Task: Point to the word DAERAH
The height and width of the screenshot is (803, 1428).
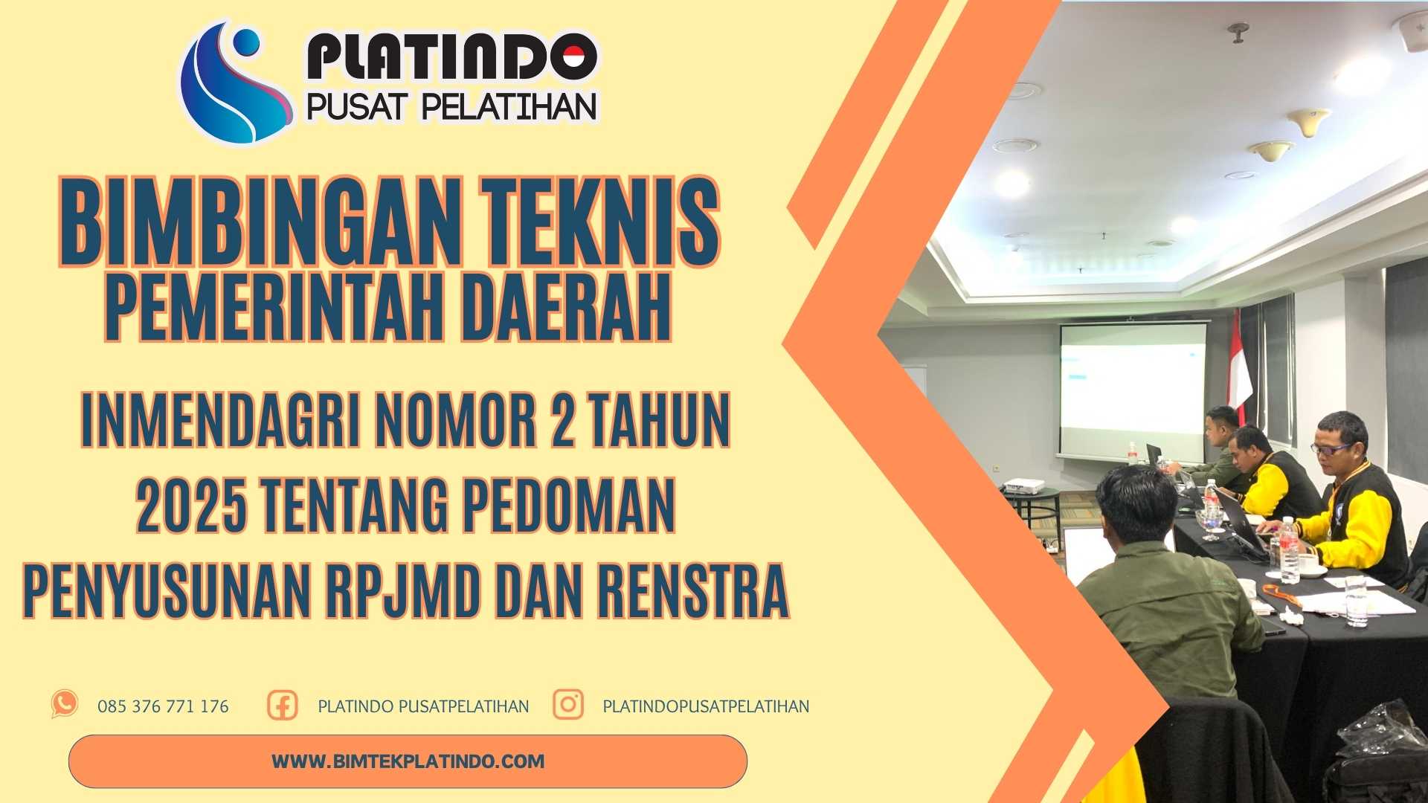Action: (x=565, y=307)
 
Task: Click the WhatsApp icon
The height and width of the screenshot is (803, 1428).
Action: (x=65, y=703)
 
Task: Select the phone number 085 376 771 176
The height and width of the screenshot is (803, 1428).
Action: (x=163, y=706)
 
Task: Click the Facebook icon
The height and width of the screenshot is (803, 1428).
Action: (x=283, y=705)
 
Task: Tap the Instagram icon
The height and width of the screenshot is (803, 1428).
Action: (x=568, y=704)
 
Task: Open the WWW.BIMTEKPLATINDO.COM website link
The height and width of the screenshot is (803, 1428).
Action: (x=408, y=761)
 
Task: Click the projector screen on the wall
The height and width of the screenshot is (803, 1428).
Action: (x=1133, y=390)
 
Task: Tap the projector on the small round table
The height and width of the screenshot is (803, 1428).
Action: (x=1023, y=487)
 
